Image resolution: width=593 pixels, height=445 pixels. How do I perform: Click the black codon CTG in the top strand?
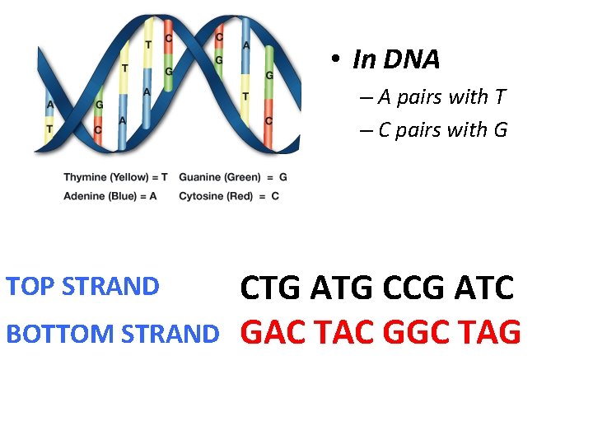click(x=271, y=288)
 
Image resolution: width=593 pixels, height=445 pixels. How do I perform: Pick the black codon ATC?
click(x=480, y=288)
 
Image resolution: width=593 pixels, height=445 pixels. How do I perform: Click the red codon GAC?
click(x=273, y=333)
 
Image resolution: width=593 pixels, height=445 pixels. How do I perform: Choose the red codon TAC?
click(x=343, y=333)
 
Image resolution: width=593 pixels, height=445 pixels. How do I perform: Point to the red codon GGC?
click(x=414, y=333)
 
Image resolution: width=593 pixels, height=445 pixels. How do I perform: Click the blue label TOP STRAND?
click(x=82, y=287)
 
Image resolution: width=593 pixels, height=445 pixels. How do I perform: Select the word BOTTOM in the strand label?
click(x=60, y=334)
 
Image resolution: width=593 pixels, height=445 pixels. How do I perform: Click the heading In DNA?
click(x=396, y=59)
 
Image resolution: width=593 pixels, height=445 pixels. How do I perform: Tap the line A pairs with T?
click(x=441, y=97)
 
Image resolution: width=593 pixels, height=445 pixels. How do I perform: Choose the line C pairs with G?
click(x=442, y=130)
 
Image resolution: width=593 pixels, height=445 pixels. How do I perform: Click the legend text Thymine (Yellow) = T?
click(x=115, y=177)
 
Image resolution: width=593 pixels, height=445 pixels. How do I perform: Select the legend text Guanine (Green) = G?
click(x=233, y=177)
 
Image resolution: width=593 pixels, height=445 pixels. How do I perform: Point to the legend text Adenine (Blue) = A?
click(x=110, y=196)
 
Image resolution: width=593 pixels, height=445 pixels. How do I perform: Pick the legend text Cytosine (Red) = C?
click(x=229, y=196)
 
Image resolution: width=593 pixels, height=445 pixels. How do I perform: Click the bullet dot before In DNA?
click(x=336, y=59)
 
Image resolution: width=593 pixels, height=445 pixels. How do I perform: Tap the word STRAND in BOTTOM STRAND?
click(x=170, y=334)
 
